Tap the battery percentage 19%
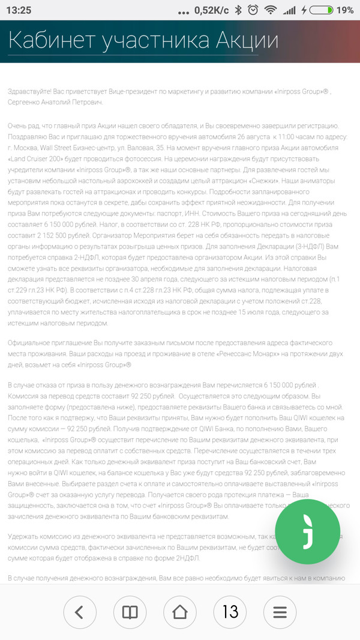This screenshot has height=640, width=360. (x=345, y=10)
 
